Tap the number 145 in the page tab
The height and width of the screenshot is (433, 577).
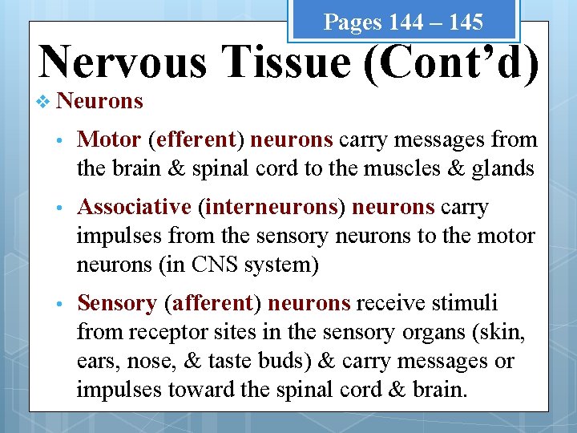466,22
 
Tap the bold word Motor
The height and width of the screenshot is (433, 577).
109,140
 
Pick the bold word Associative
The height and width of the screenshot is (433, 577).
134,207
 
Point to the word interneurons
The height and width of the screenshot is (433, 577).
271,207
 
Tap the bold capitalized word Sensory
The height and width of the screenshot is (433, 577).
116,303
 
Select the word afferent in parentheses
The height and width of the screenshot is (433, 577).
211,303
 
